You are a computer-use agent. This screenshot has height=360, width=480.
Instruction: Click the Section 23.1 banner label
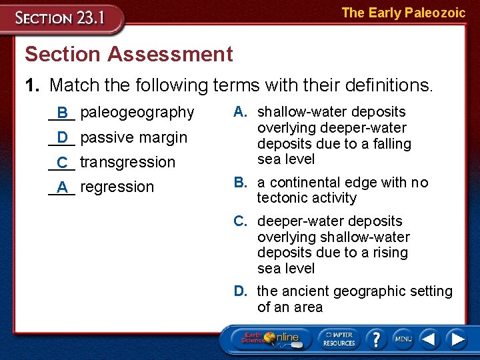coord(61,18)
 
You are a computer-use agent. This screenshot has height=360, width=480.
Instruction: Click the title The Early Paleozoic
coord(403,13)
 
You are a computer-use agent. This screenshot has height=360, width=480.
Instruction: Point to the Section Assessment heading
coord(129,54)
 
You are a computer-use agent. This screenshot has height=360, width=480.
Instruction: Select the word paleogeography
coord(137,112)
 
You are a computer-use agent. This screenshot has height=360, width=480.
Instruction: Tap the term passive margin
coord(133,137)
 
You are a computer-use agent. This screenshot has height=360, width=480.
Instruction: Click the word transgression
coord(127,162)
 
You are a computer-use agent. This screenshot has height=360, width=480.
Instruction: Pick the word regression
coord(117,187)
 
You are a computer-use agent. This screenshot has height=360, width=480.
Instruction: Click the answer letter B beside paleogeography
coord(62,113)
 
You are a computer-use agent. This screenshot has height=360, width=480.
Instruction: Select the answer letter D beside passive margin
coord(62,137)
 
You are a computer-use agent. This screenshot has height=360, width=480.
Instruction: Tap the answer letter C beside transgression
coord(62,163)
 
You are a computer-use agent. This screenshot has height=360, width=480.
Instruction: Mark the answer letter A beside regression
coord(62,188)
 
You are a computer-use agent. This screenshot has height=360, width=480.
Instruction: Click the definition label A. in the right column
coord(241,112)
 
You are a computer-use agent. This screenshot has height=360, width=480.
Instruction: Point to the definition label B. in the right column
coord(241,183)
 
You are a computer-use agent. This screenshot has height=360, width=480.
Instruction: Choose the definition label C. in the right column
coord(242,221)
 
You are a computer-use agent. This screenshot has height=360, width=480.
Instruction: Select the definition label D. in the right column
coord(241,291)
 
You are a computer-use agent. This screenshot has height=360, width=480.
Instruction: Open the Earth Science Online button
coord(269,339)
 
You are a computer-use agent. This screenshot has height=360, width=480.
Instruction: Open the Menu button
coord(403,339)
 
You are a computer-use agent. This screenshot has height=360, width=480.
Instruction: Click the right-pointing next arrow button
coord(457,339)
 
